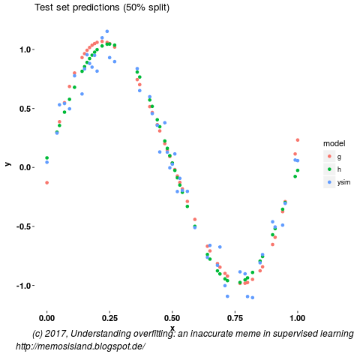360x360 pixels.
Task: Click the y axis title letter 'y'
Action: [x=7, y=163]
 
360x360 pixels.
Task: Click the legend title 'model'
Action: [x=334, y=143]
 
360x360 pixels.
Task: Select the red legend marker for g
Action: [x=329, y=157]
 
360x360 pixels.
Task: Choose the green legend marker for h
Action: [x=329, y=169]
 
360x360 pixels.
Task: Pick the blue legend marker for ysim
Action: [x=329, y=182]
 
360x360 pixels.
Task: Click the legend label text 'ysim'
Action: [x=344, y=182]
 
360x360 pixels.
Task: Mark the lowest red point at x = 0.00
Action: [x=46, y=182]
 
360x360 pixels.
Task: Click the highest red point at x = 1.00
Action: [x=298, y=139]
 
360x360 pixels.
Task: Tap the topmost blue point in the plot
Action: [x=107, y=31]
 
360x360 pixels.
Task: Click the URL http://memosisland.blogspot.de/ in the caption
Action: [x=79, y=346]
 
